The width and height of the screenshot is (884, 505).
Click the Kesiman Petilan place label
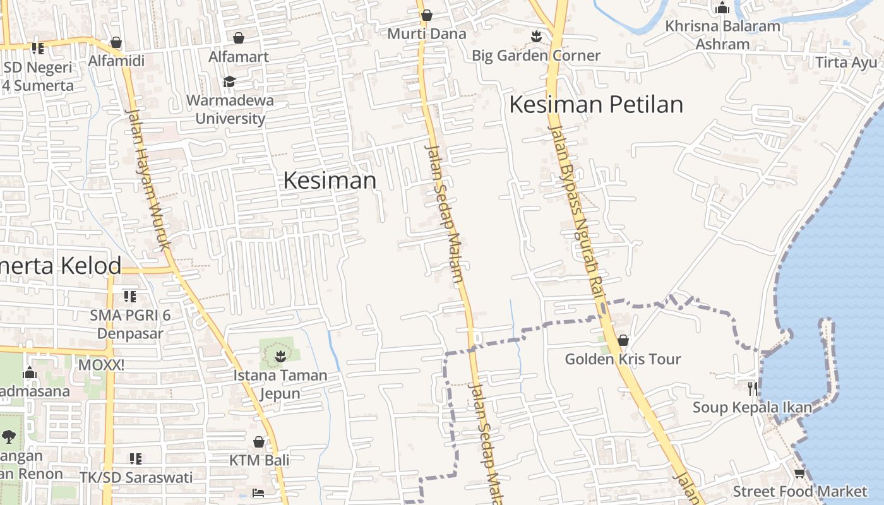point(596,105)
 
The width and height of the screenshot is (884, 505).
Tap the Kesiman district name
point(330,181)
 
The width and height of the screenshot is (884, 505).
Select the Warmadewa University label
point(230,109)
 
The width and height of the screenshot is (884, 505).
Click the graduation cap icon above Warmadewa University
point(229,82)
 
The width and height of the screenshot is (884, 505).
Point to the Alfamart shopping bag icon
point(239,39)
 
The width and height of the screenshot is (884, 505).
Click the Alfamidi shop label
point(116,61)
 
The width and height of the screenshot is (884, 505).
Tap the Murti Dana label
point(427,34)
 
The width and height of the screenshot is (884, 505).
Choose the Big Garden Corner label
point(536,56)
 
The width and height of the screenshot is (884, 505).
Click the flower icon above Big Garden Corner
point(536,37)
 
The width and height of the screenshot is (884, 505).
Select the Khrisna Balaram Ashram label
point(723,35)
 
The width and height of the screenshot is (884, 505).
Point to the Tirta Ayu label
point(846,63)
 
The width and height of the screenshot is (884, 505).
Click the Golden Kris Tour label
point(623,359)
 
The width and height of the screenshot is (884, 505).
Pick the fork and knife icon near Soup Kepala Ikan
point(752,388)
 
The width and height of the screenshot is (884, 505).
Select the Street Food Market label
point(800,491)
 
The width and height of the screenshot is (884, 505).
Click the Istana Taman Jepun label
point(280,384)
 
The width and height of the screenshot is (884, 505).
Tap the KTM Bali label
point(259,460)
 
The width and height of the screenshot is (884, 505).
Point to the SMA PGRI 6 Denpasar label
point(130,324)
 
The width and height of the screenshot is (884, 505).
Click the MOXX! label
point(101,365)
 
